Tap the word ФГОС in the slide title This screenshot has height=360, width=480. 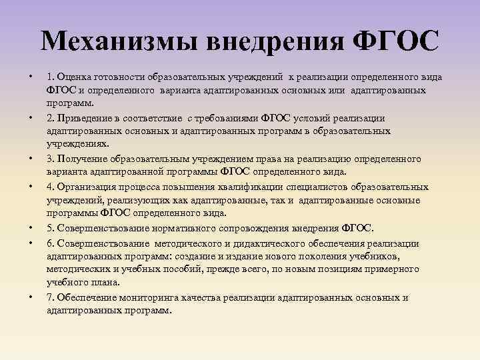(x=396, y=41)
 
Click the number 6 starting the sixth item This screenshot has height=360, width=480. (x=49, y=243)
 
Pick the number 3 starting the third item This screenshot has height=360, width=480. (x=49, y=159)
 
